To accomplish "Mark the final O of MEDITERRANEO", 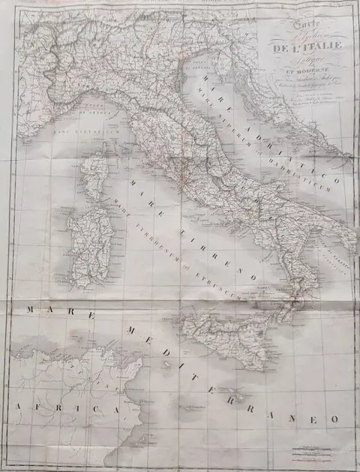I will [335, 419].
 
